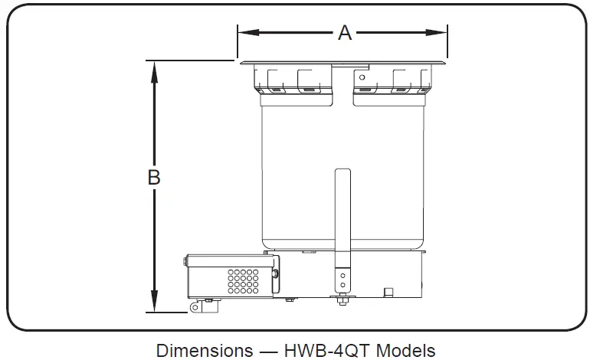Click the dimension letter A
tap(345, 32)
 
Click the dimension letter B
tap(154, 177)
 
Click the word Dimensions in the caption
tap(205, 350)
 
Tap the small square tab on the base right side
tap(388, 291)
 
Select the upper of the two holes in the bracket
tap(343, 273)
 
